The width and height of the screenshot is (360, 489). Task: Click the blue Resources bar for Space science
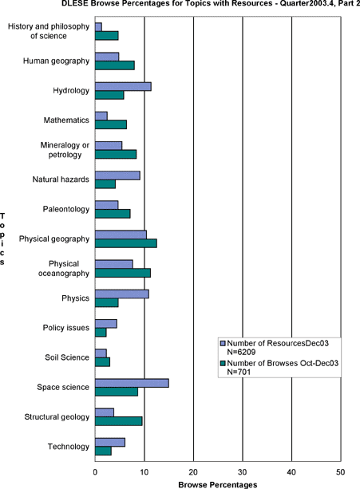coord(132,383)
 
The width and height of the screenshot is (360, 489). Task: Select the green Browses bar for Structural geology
coord(119,421)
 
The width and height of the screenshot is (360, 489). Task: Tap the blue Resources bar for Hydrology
coord(123,87)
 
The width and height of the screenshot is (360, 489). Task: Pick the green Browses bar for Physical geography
coord(126,243)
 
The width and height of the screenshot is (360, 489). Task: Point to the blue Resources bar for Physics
coord(122,294)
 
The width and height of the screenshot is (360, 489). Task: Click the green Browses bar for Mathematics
coord(111,124)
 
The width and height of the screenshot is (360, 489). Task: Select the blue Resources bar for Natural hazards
coord(117,175)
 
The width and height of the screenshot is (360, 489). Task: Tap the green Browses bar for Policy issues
coord(101,333)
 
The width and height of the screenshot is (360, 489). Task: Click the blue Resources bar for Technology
coord(110,442)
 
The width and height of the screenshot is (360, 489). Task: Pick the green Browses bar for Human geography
coord(115,65)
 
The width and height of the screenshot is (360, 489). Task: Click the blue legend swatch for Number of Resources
coord(223,343)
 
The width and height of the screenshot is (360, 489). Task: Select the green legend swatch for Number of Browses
coord(223,363)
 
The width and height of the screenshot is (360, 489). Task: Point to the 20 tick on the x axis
coord(193,461)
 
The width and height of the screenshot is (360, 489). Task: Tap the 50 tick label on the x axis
coord(341,472)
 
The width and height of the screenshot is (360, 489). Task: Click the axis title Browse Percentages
coord(218,485)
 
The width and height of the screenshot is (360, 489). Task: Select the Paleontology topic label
coord(66,209)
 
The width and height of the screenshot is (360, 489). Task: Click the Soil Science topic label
coord(67,357)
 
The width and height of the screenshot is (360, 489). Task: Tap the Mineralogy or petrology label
coord(65,150)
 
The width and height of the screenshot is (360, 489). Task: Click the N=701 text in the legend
coord(239,372)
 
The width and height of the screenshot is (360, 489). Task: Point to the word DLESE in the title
coord(74,3)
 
